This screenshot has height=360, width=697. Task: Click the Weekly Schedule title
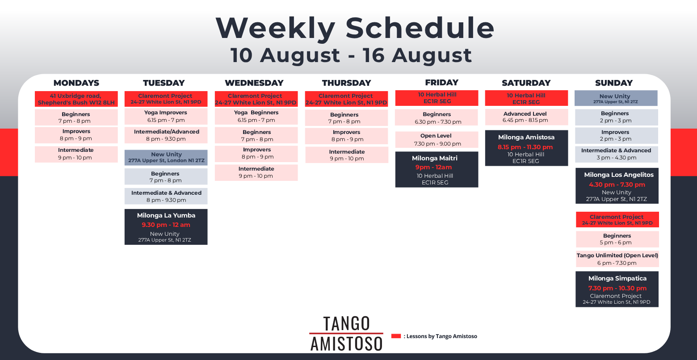pyautogui.click(x=355, y=28)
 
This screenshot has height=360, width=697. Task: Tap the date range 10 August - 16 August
pyautogui.click(x=351, y=55)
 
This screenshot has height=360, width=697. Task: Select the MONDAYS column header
pyautogui.click(x=76, y=83)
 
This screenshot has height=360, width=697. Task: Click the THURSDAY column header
pyautogui.click(x=346, y=83)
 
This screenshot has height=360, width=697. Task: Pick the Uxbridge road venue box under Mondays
pyautogui.click(x=76, y=99)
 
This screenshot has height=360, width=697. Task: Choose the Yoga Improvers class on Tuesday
pyautogui.click(x=166, y=117)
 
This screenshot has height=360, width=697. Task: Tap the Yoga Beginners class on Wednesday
pyautogui.click(x=256, y=117)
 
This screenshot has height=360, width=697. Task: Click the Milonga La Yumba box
pyautogui.click(x=166, y=227)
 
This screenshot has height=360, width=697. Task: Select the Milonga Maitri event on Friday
pyautogui.click(x=437, y=170)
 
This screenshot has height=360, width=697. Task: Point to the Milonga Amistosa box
pyautogui.click(x=526, y=148)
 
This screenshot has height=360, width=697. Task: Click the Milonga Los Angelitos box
pyautogui.click(x=617, y=186)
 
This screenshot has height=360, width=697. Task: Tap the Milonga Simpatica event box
pyautogui.click(x=617, y=289)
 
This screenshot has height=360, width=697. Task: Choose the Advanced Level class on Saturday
pyautogui.click(x=526, y=117)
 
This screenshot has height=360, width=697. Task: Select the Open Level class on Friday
pyautogui.click(x=437, y=140)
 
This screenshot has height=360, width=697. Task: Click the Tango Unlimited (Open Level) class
pyautogui.click(x=617, y=259)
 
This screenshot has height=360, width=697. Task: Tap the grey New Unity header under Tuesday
pyautogui.click(x=166, y=157)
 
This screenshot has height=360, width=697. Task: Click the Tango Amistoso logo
pyautogui.click(x=346, y=333)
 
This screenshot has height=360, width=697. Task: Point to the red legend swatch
pyautogui.click(x=396, y=336)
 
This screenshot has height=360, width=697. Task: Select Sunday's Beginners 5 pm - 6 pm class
pyautogui.click(x=617, y=239)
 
